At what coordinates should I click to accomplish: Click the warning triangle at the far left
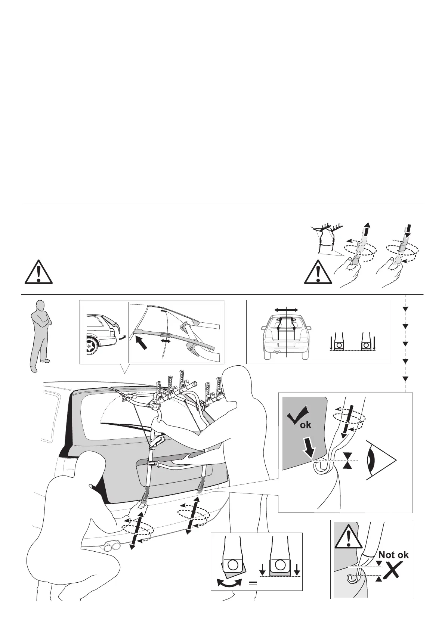point(39,270)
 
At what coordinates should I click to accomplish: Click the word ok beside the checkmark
point(305,425)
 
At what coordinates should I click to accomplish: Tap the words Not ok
point(393,555)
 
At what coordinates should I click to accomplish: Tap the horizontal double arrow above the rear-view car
point(286,310)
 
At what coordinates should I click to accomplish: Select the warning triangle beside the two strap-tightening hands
point(318,271)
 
